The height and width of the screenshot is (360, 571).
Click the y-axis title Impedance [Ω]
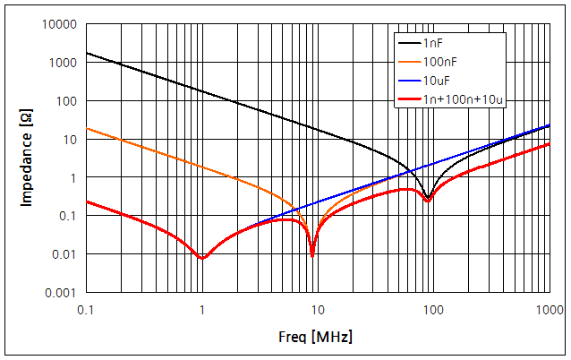27,159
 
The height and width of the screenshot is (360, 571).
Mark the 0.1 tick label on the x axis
87,310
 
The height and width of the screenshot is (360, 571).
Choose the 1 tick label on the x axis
202,310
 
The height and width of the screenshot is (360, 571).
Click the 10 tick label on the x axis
318,310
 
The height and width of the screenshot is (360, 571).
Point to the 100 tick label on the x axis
433,310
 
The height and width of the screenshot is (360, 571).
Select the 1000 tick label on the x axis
547,310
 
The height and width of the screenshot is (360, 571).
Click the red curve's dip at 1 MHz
202,258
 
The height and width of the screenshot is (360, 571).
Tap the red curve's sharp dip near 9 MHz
312,255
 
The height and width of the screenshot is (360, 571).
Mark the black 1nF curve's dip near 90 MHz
429,198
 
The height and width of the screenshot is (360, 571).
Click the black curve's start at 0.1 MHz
87,53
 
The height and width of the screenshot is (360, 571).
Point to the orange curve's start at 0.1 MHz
87,128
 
